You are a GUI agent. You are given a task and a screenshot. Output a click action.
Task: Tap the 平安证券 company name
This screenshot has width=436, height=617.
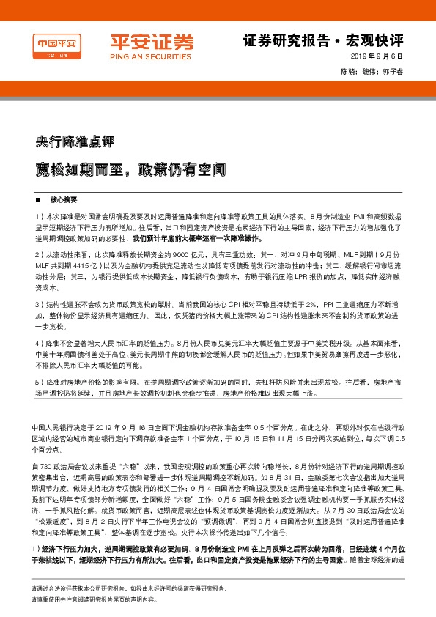(141, 41)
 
